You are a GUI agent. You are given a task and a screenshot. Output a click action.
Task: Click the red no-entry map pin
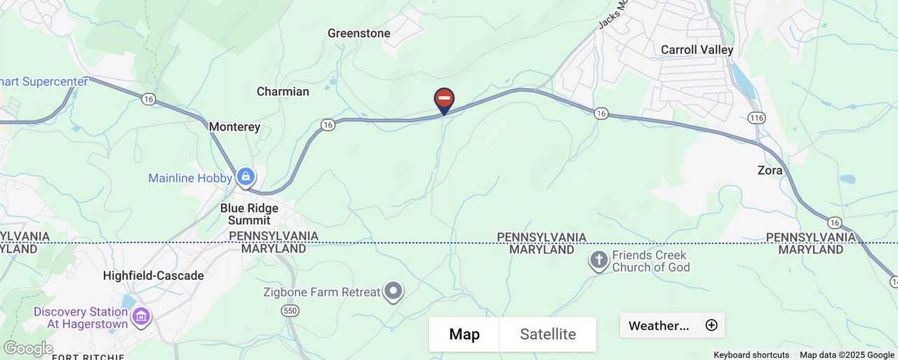pos(444,100)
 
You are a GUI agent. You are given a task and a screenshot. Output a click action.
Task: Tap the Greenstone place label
pos(358,33)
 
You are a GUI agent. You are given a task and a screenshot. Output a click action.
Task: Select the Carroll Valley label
pos(697,50)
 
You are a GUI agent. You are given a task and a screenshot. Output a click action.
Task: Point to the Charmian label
pos(283,91)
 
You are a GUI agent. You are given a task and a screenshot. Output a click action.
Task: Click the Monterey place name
pos(234,127)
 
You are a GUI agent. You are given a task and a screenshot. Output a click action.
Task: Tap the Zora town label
pos(770,171)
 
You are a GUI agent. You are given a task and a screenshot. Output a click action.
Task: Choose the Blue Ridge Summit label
pos(249,214)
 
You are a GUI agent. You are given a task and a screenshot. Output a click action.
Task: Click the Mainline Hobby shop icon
pos(246,177)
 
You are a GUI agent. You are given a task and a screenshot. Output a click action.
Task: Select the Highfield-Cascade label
pos(153,276)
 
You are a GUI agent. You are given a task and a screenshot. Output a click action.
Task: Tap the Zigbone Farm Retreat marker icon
pos(394,291)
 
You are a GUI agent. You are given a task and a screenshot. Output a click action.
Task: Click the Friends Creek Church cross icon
pos(598,261)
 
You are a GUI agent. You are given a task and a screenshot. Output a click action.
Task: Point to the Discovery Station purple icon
pos(141,317)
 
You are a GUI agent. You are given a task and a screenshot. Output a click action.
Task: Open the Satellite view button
pos(548,334)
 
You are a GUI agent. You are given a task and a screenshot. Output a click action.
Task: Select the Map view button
pos(464,334)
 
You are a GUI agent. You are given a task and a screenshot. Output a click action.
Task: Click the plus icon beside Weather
pos(711,325)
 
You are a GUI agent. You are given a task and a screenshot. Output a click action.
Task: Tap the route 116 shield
pos(756,117)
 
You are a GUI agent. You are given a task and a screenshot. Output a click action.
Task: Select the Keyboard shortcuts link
pos(751,355)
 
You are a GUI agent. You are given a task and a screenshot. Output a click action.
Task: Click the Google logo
pos(28,349)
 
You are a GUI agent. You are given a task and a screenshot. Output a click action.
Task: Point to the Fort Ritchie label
pos(82,357)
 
